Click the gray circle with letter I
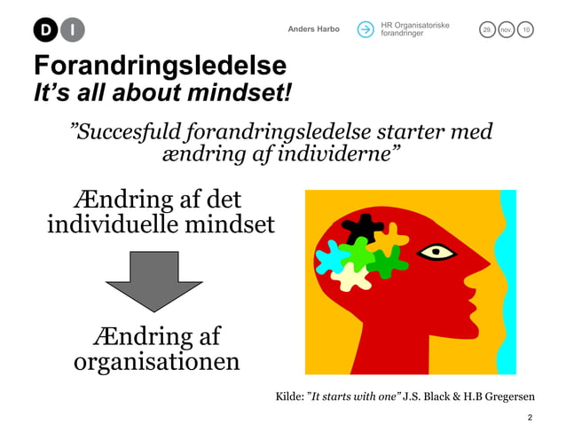coord(73,30)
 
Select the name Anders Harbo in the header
coord(313,29)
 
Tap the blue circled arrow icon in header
coord(366,29)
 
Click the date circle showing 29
coord(486,30)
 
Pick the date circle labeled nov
coord(507,30)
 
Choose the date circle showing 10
coord(527,30)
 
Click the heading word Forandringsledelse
coord(160,67)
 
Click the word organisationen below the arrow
coord(155,362)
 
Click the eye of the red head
coord(436,252)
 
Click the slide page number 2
coord(530,415)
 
